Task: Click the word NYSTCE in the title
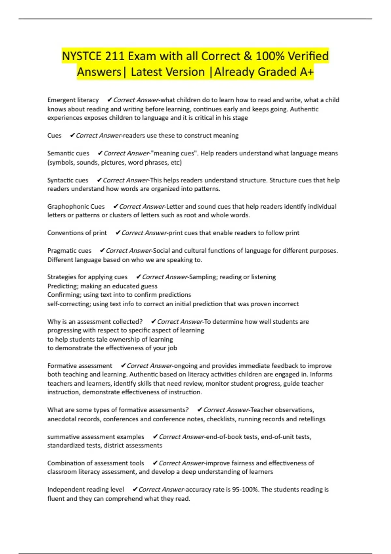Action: [x=82, y=56]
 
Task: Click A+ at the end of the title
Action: [x=306, y=72]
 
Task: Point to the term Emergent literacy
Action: [x=73, y=100]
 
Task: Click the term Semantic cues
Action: [x=68, y=153]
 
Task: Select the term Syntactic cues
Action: [x=68, y=180]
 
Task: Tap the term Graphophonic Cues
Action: [x=76, y=207]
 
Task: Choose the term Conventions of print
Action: [x=77, y=233]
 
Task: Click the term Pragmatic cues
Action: [x=69, y=251]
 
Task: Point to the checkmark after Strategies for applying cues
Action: [x=138, y=277]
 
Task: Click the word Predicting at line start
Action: [x=62, y=286]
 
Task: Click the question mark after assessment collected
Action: [x=141, y=322]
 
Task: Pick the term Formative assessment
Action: [x=80, y=366]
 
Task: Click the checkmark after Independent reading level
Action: [x=135, y=489]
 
